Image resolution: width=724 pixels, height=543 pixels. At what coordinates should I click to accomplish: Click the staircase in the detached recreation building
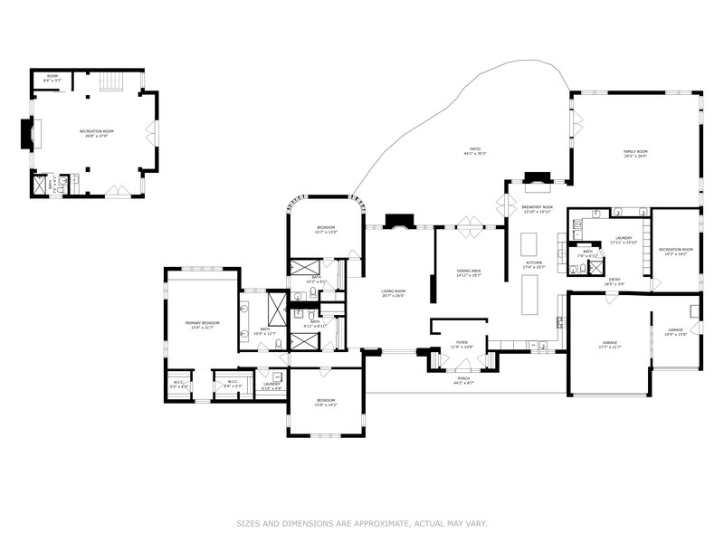click(110, 81)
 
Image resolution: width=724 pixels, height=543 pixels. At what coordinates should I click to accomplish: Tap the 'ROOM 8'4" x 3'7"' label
click(52, 79)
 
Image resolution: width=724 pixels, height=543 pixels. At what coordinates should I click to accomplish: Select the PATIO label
click(474, 150)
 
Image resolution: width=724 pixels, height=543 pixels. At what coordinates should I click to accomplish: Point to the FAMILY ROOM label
click(635, 153)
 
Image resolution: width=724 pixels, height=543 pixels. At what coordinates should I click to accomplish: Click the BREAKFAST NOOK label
click(537, 209)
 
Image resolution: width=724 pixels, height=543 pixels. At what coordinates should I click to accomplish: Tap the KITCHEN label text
click(534, 264)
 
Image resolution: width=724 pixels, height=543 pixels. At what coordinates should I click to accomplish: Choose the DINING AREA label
click(468, 272)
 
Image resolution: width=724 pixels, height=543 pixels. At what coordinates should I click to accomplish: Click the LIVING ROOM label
click(392, 293)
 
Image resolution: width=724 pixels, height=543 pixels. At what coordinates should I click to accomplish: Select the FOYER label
click(462, 345)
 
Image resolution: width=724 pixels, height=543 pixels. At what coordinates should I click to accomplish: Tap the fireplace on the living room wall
click(398, 222)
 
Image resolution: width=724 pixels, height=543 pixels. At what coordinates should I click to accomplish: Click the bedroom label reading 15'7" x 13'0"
click(326, 229)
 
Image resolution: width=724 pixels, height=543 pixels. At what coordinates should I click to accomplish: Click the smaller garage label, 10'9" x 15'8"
click(676, 332)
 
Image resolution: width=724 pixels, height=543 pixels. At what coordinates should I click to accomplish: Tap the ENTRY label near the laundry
click(614, 281)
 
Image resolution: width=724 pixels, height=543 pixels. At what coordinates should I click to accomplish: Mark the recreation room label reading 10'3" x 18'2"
click(675, 252)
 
